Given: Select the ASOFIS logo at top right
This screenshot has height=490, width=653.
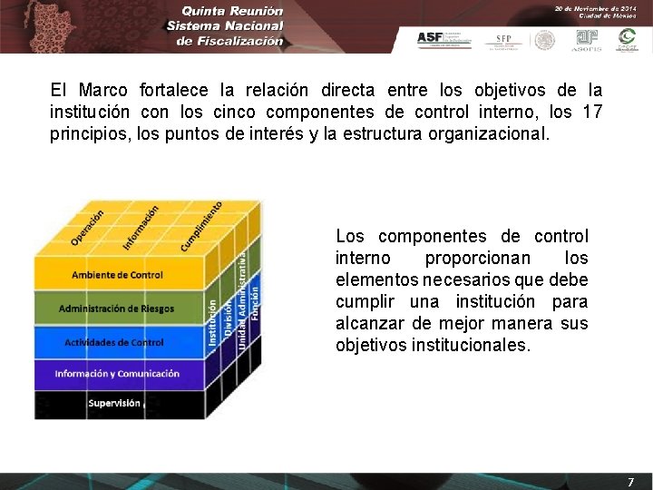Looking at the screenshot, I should tap(588, 39).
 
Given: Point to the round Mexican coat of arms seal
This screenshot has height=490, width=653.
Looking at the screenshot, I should tap(544, 39).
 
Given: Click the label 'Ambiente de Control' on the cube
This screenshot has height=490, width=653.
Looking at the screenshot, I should tap(117, 275).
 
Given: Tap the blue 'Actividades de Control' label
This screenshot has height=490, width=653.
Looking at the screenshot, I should tap(114, 342).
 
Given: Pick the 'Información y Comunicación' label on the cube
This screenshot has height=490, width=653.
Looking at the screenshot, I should tap(117, 373).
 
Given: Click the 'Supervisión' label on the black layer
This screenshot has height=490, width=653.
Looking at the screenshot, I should tap(114, 403).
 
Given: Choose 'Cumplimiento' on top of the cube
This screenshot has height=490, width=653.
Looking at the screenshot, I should tap(201, 226).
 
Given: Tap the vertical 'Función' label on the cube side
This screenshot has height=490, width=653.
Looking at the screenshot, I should tap(256, 301).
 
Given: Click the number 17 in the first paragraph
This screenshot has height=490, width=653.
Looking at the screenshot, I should tap(591, 113).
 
